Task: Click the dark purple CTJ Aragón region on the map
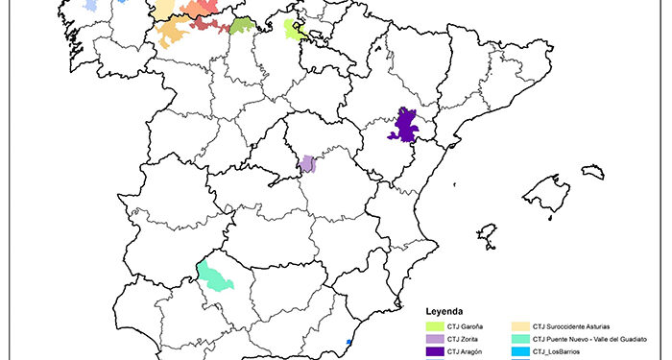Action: [406, 126]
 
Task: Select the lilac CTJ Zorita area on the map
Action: [307, 163]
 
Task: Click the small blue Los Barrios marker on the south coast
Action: [348, 343]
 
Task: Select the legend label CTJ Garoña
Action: [466, 326]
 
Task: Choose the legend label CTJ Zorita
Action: [464, 339]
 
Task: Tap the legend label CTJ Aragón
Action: [466, 351]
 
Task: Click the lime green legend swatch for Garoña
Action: [436, 326]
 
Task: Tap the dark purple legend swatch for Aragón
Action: [436, 351]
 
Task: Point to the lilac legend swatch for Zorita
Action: [436, 339]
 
